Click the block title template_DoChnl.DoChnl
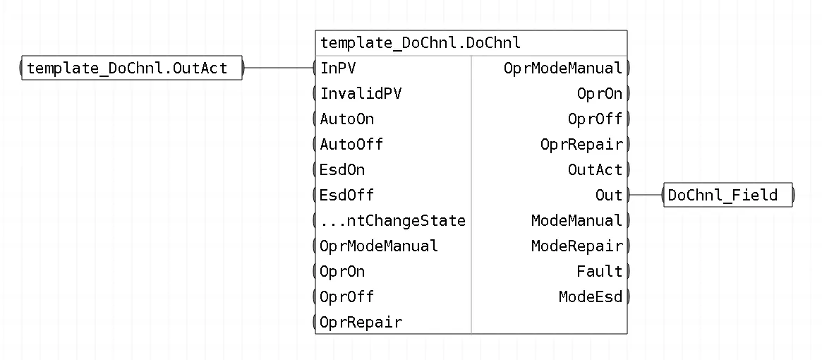(421, 42)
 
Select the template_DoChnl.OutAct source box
(131, 68)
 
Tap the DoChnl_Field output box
(727, 196)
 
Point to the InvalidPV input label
(361, 93)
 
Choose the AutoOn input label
(347, 119)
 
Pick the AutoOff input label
(351, 144)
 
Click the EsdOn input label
(342, 170)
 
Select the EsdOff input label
(347, 196)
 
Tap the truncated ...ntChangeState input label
(392, 221)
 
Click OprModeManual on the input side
(378, 246)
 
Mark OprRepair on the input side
(361, 322)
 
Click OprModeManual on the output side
(563, 68)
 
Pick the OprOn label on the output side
(600, 93)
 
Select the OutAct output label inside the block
(595, 170)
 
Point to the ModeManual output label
(576, 221)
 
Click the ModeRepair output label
(576, 246)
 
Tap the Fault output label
(600, 271)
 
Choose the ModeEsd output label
(591, 297)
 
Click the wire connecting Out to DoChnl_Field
(646, 196)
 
